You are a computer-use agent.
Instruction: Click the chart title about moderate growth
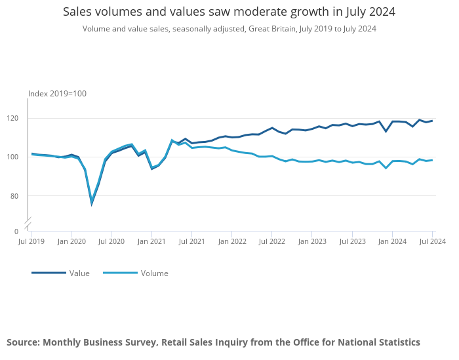pos(229,12)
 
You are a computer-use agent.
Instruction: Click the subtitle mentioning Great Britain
pos(229,29)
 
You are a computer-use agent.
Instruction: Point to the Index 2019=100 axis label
pos(57,94)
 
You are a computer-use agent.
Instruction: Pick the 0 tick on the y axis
pos(16,231)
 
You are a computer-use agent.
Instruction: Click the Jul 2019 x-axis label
pos(31,242)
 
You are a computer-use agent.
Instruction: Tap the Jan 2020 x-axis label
pos(71,242)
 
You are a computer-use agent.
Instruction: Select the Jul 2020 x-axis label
pos(111,242)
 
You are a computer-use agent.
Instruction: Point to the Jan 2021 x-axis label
pos(151,242)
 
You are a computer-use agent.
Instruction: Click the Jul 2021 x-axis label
pos(191,242)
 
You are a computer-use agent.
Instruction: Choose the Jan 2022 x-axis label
pos(231,242)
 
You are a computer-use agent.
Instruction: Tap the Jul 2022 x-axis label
pos(271,242)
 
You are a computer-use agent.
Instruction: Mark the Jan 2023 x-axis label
pos(312,242)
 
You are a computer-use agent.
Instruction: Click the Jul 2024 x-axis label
pos(432,242)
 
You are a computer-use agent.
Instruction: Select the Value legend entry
pos(79,273)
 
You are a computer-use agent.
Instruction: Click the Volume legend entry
pos(154,273)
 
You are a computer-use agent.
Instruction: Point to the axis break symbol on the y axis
pos(28,223)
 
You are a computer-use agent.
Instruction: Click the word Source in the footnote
pos(23,342)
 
